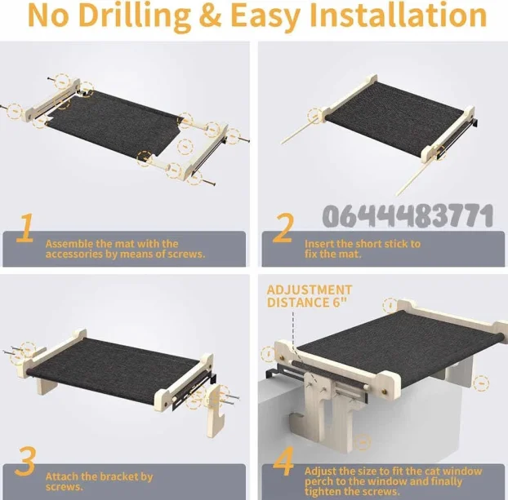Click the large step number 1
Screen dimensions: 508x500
(25, 228)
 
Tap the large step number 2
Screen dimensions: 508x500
(283, 228)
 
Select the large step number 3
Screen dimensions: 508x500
(25, 461)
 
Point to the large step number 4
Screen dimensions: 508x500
(283, 461)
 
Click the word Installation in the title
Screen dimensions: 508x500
(399, 15)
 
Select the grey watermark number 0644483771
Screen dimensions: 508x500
(408, 215)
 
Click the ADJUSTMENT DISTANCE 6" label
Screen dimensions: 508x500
(309, 296)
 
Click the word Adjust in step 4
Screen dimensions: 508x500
(321, 471)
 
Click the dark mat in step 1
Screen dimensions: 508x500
(114, 126)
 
